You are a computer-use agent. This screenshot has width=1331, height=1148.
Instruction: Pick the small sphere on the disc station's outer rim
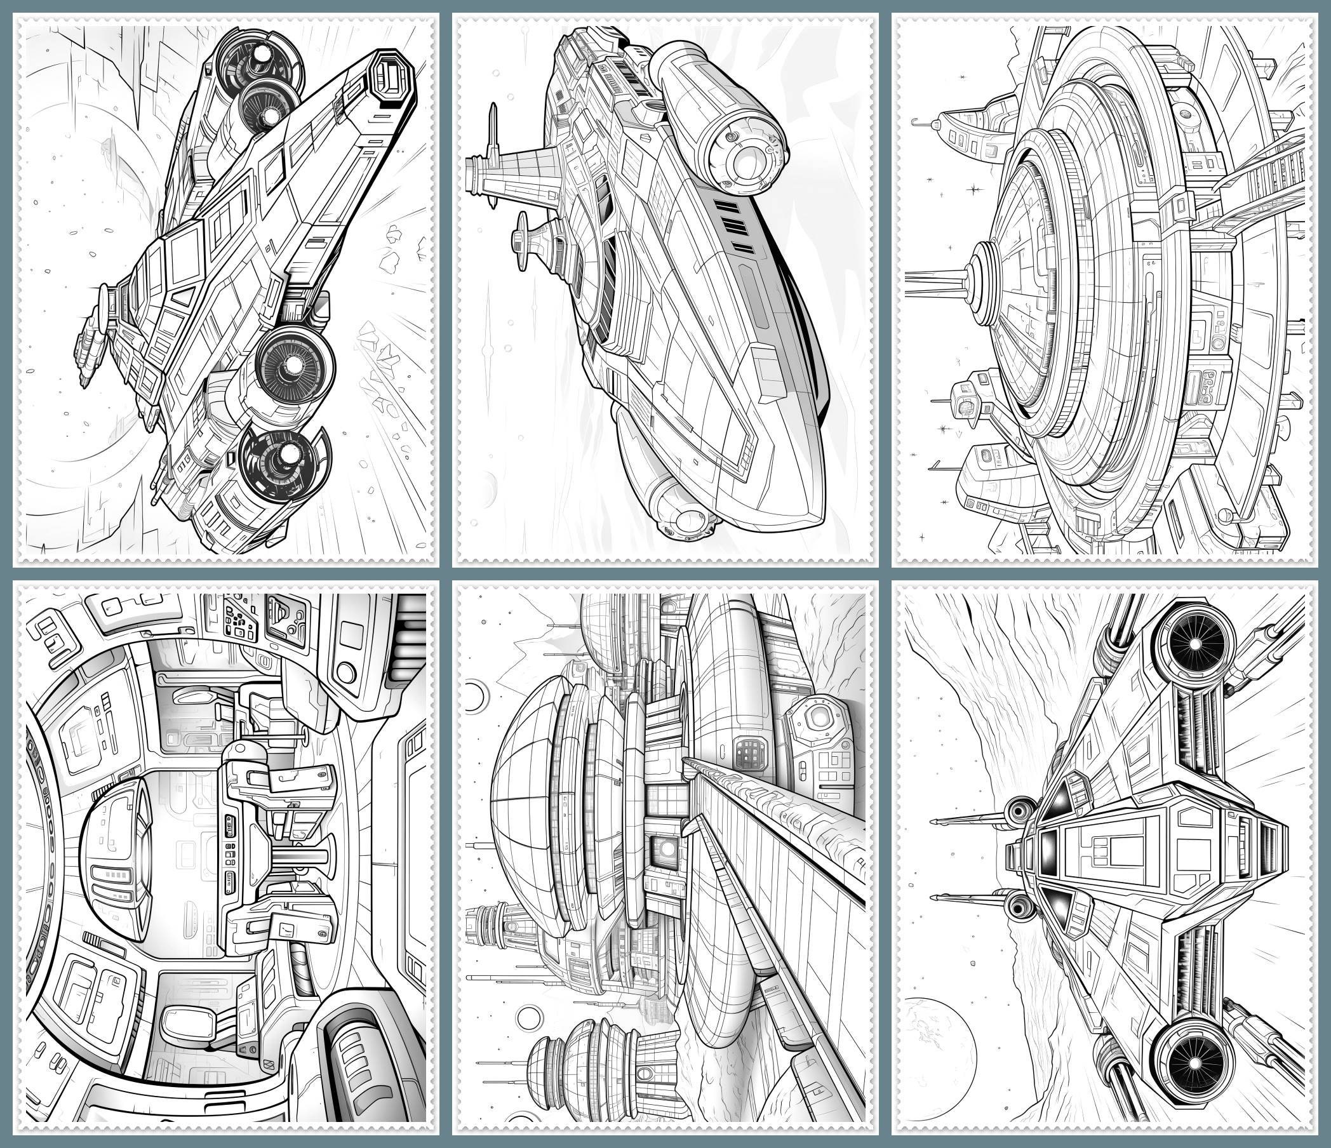click(1225, 514)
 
